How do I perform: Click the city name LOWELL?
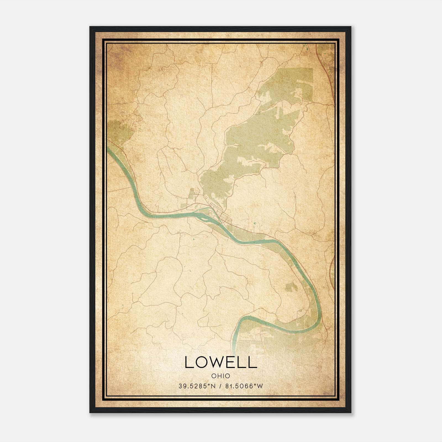[221, 362]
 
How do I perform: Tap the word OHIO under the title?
[221, 376]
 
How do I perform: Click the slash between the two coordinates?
[220, 386]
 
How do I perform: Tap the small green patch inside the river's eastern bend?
[290, 287]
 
